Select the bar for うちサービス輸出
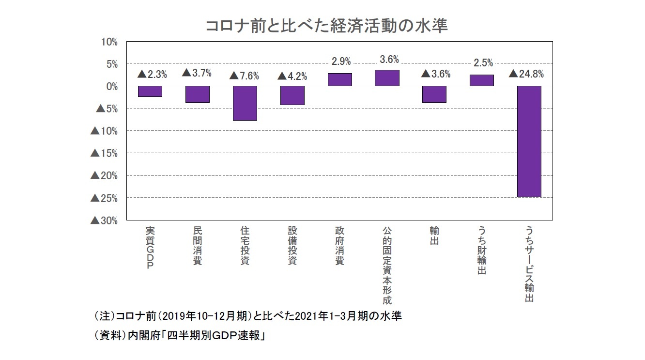[x=529, y=141]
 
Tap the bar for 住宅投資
[x=245, y=103]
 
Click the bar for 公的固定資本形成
[x=387, y=78]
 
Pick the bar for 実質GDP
[x=150, y=91]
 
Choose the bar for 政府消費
[x=339, y=79]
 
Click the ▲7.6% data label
[x=244, y=76]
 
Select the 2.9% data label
[x=341, y=62]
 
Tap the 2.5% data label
[x=483, y=63]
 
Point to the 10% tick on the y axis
[x=109, y=42]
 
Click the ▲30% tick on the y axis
[x=104, y=220]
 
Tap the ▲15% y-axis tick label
[x=104, y=154]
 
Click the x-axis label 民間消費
[x=197, y=246]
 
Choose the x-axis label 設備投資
[x=292, y=246]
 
